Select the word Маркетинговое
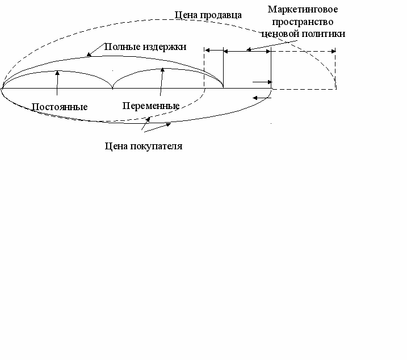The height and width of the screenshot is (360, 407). point(307,10)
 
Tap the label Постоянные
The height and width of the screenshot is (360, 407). point(60,107)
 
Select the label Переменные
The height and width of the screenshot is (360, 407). point(151,106)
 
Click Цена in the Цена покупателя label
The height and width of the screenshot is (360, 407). point(118,146)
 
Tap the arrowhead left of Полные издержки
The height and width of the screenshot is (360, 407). point(89,55)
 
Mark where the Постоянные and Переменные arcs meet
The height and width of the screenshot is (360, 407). point(113,88)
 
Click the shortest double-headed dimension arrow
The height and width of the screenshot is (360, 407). point(213,51)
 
